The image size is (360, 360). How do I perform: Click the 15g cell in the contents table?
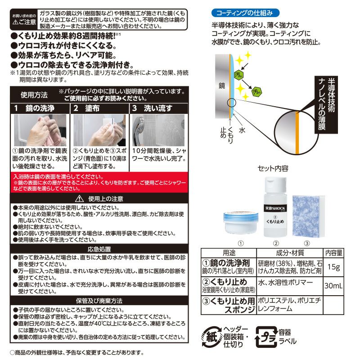(334, 267)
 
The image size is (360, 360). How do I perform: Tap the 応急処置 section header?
(99, 249)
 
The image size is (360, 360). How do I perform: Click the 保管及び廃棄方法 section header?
(99, 300)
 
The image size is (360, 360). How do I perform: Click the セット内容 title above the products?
(273, 168)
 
